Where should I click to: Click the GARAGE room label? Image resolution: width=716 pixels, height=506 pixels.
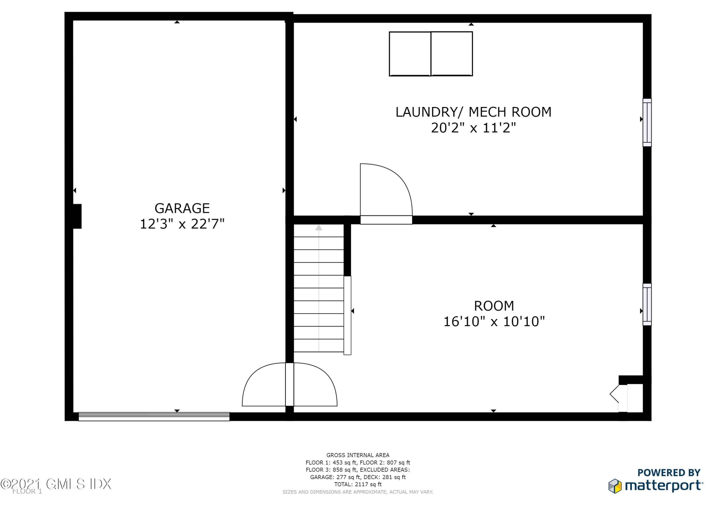click(x=182, y=208)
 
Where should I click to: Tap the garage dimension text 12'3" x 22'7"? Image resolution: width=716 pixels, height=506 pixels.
click(x=182, y=224)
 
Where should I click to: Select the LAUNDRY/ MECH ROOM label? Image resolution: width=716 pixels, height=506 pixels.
click(x=473, y=112)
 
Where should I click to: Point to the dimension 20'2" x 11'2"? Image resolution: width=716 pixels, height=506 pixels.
click(x=473, y=128)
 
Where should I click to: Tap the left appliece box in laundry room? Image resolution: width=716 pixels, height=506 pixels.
click(x=410, y=54)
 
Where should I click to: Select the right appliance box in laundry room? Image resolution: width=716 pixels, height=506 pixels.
click(x=452, y=54)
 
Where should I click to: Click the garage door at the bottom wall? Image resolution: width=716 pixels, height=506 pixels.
click(x=154, y=417)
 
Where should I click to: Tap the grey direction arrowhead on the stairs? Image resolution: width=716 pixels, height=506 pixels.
click(x=318, y=228)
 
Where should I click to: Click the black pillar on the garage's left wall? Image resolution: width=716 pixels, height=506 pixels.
click(x=77, y=216)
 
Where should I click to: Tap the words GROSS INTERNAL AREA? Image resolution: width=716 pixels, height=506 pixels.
click(x=358, y=455)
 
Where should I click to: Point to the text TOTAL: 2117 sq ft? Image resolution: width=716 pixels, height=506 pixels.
click(x=358, y=484)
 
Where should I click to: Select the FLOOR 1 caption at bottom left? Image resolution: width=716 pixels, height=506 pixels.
click(x=27, y=491)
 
